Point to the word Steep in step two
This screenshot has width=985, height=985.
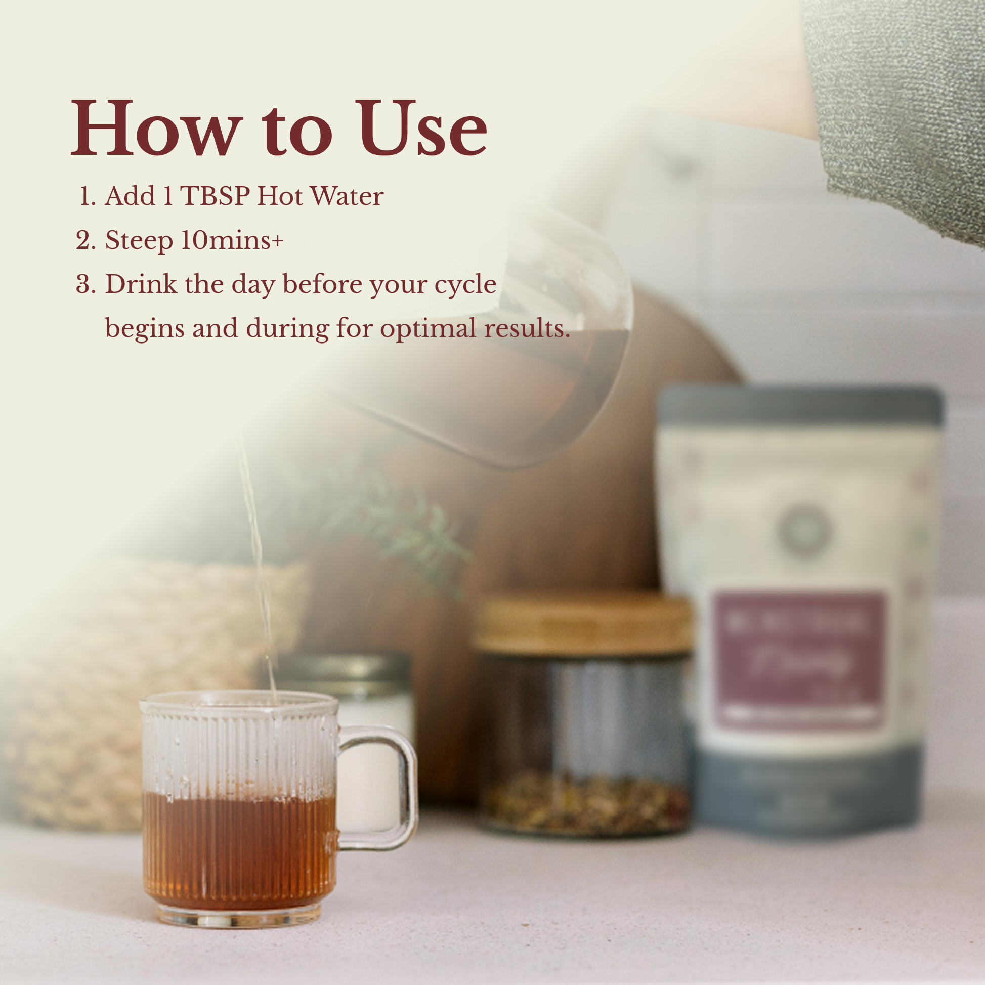138,241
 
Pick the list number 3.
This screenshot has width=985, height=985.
85,284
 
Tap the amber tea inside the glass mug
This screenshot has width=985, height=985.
240,846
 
